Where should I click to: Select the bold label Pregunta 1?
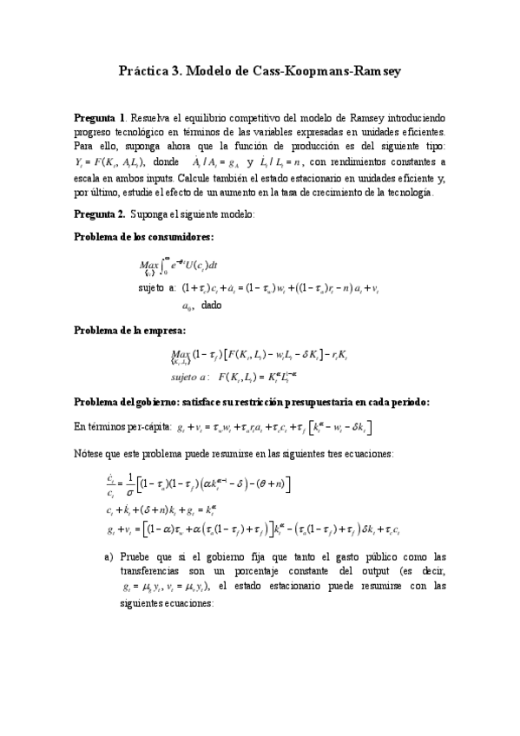(x=101, y=118)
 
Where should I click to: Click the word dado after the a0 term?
(x=211, y=305)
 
